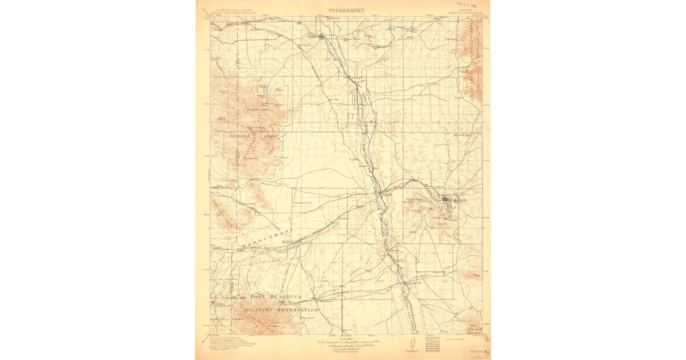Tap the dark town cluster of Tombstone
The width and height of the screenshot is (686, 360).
coord(448,201)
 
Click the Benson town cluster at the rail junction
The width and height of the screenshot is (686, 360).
coord(323,38)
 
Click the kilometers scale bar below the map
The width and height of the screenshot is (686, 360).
coord(343,346)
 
